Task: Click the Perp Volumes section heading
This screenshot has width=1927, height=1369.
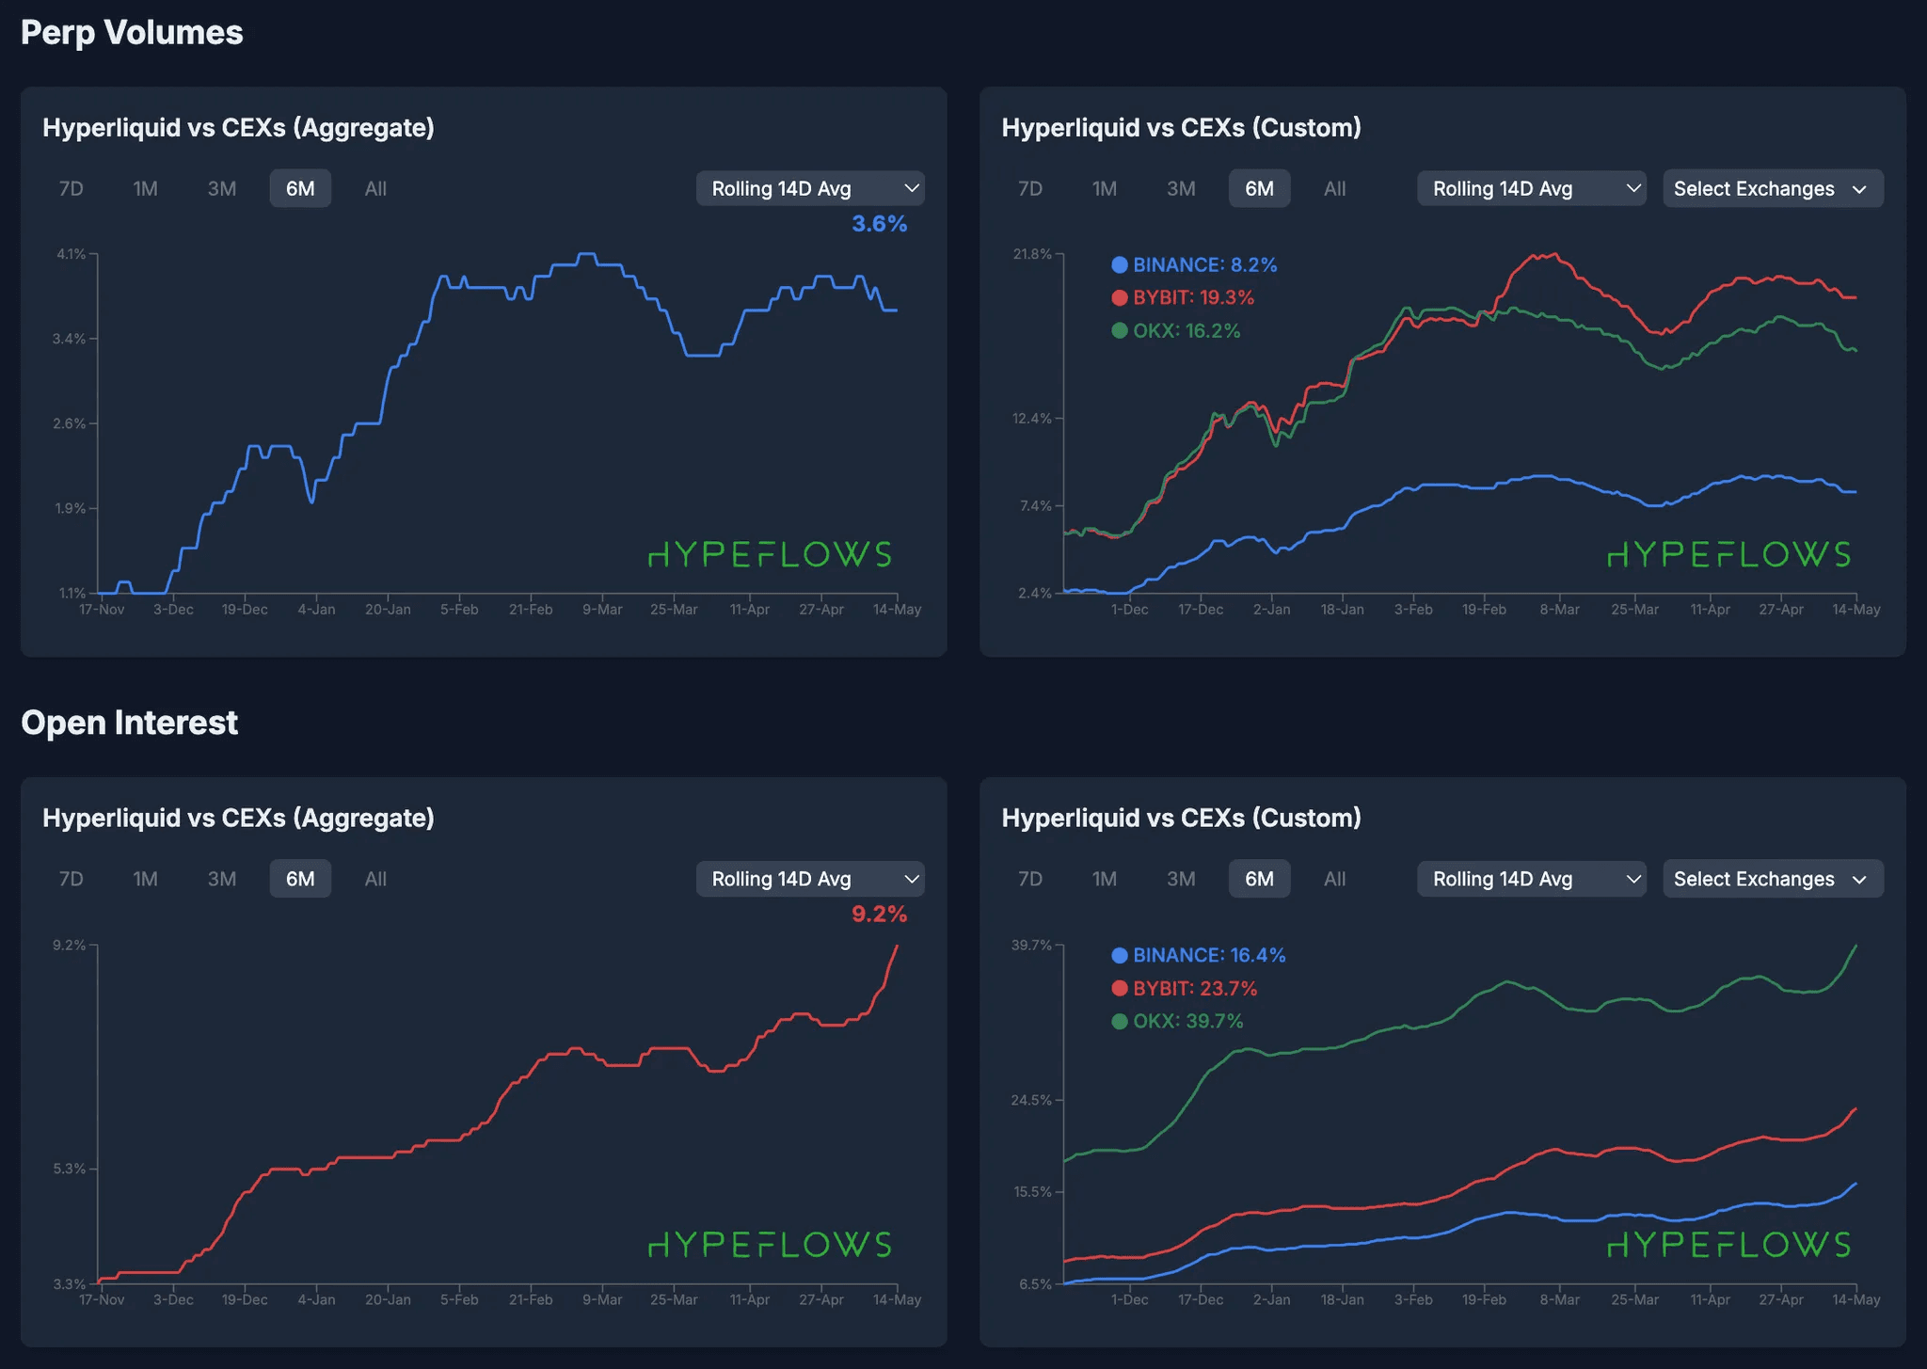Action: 132,33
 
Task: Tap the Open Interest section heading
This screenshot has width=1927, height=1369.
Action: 129,723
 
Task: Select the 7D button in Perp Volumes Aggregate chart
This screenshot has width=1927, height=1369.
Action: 72,188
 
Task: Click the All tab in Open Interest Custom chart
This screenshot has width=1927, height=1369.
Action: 1334,879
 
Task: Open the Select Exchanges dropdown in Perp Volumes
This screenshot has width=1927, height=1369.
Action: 1772,188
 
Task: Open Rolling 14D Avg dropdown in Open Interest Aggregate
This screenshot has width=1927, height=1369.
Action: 809,879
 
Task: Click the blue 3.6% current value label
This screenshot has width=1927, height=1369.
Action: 879,224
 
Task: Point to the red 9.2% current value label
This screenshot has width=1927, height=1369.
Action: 879,914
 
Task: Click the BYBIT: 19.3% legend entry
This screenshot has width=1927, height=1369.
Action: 1192,297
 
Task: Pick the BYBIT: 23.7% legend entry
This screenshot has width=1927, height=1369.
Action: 1194,988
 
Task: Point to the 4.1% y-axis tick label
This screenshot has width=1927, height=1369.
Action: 72,254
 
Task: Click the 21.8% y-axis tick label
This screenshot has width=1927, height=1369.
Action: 1032,254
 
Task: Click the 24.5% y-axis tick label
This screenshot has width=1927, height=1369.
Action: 1032,1100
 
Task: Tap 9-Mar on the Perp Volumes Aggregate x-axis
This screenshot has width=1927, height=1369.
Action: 602,610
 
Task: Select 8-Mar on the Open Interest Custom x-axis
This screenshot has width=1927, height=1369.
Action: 1559,1299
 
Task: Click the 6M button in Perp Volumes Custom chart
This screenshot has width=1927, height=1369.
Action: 1259,188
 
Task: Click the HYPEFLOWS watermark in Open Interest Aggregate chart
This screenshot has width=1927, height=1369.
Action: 770,1245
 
